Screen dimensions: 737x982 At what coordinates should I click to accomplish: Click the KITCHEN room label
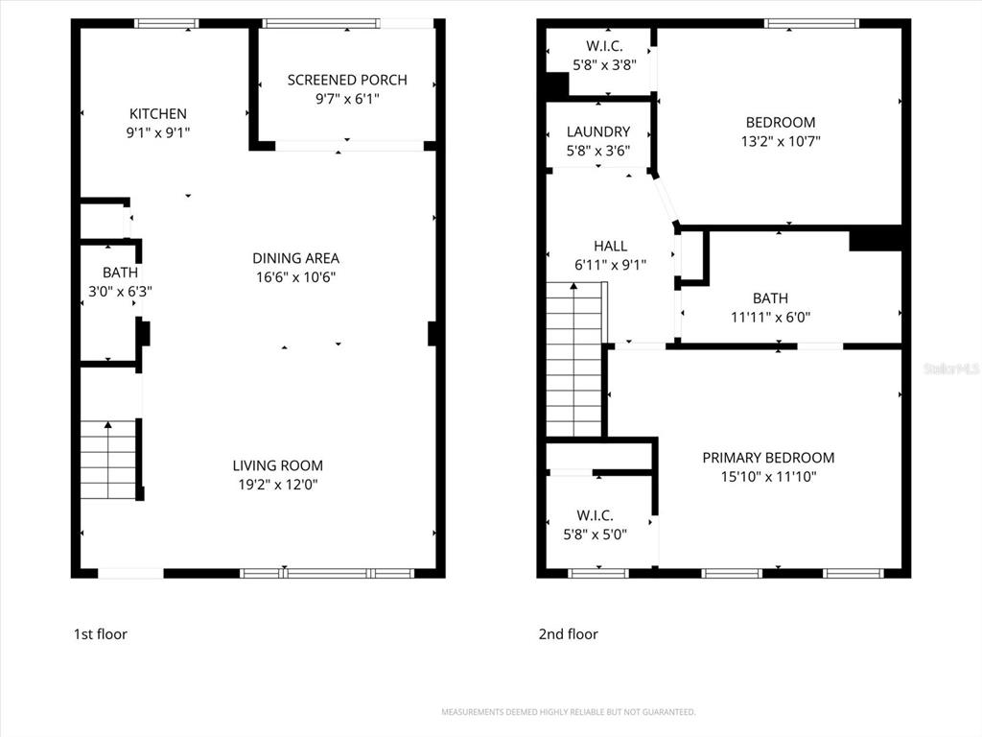158,113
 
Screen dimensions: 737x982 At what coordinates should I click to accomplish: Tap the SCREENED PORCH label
347,80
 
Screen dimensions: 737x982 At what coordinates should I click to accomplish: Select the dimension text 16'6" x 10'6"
295,277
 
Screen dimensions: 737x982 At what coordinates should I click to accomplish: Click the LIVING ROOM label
277,465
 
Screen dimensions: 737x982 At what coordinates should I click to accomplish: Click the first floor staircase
107,460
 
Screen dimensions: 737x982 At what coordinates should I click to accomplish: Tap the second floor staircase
573,360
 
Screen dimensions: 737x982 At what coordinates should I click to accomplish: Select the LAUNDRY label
598,131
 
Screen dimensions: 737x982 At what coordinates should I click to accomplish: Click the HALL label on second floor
610,246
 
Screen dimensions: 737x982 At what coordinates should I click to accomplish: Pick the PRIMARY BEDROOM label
768,458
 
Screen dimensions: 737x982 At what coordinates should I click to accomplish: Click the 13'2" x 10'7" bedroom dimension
781,141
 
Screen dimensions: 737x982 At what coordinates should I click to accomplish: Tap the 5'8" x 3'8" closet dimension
604,65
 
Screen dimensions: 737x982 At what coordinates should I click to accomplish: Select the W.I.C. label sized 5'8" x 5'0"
595,515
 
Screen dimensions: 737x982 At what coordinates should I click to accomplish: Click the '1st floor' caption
100,634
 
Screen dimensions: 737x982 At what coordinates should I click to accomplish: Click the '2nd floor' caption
568,634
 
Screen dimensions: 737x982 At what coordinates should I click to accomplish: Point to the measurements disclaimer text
568,712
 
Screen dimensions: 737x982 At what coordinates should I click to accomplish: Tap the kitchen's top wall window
167,23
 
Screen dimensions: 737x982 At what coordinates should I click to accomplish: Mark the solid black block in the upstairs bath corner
875,238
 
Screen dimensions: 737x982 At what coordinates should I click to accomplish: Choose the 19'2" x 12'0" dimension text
277,485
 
